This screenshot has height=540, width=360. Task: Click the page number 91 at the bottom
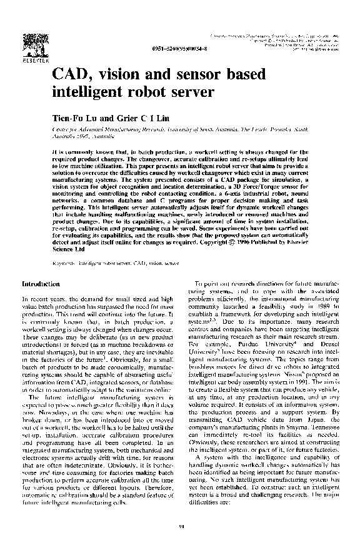(x=181, y=526)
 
